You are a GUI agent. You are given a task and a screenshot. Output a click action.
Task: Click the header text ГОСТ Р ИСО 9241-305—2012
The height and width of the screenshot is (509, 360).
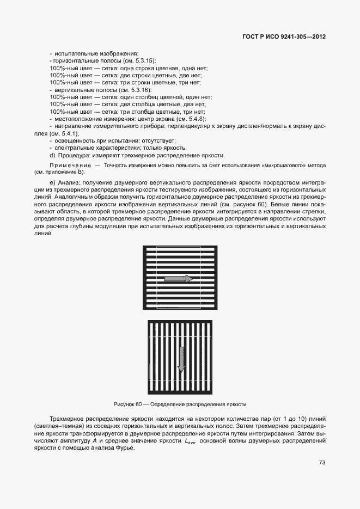click(284, 37)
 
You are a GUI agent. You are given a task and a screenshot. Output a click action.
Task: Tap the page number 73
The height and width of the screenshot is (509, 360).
click(322, 463)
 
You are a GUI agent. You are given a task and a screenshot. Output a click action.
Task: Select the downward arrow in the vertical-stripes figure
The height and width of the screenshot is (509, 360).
click(181, 360)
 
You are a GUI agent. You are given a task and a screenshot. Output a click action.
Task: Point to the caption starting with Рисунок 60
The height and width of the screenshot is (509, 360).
click(180, 404)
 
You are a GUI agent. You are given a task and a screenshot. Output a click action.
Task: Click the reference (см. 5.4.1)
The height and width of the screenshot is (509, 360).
click(64, 133)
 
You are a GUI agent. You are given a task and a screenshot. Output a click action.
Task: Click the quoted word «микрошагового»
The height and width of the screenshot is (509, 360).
click(282, 164)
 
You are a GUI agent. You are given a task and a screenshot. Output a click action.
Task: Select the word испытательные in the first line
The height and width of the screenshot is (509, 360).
click(75, 54)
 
